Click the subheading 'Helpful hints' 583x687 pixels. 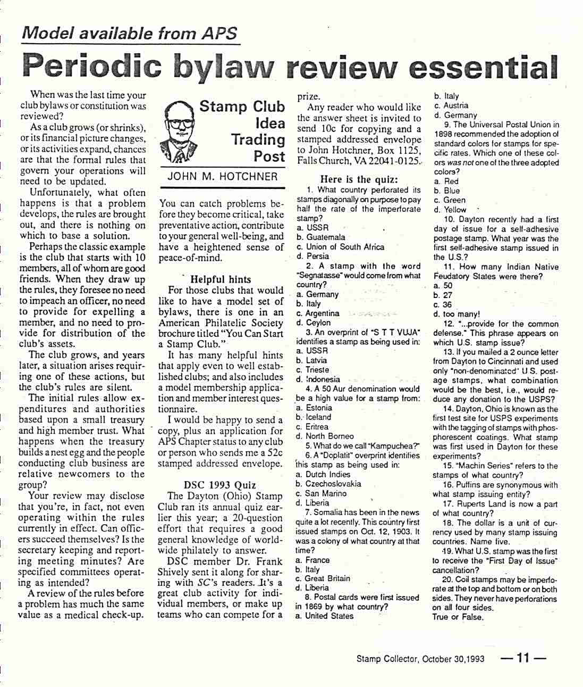(221, 279)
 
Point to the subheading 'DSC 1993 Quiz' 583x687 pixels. (220, 485)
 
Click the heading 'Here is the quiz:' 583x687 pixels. (359, 179)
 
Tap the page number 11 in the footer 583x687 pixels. (523, 658)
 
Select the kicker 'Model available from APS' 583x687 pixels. (130, 34)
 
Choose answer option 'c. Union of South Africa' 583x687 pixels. (340, 247)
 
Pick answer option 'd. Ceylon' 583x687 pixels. (314, 322)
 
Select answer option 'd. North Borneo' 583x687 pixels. (325, 436)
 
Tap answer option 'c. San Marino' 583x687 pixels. (321, 493)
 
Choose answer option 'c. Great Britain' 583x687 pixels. (323, 578)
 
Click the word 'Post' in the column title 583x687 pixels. (269, 157)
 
